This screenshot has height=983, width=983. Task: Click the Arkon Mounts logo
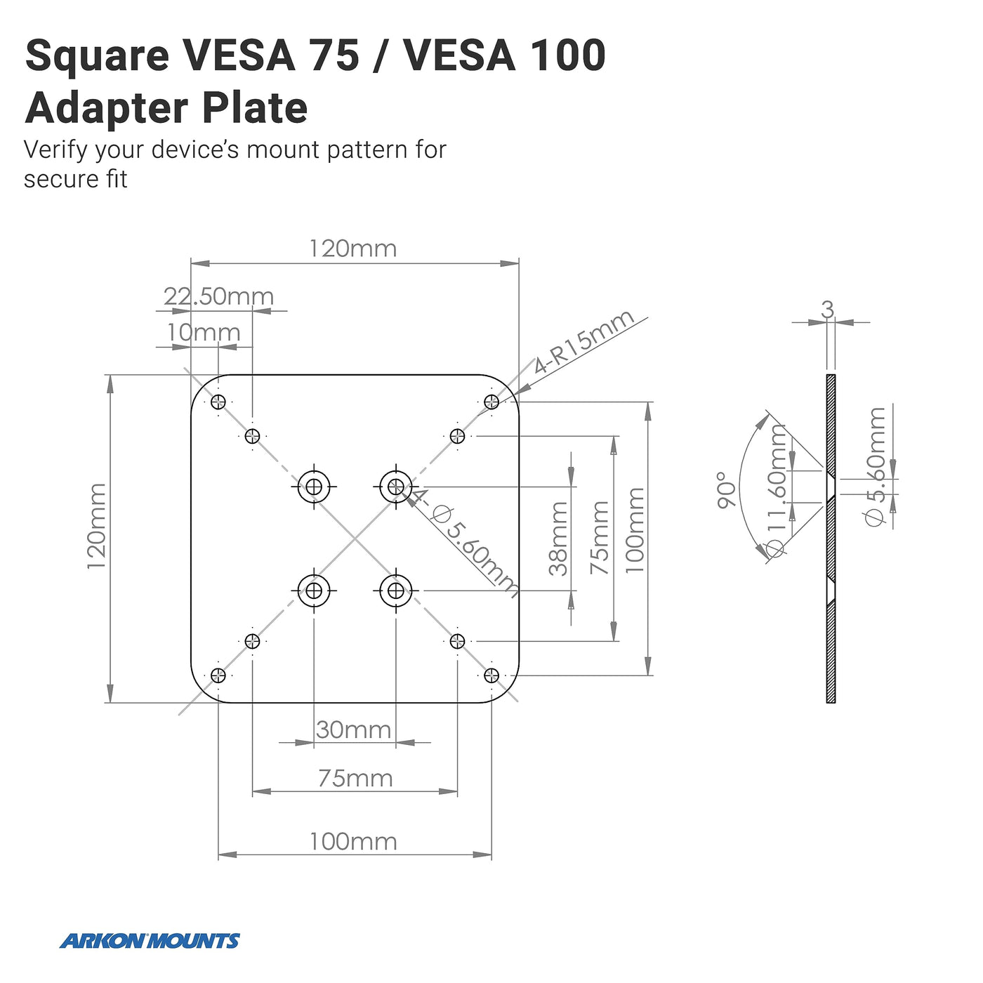[150, 941]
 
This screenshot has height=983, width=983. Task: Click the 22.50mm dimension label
[218, 296]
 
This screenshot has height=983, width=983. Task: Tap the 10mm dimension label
[204, 332]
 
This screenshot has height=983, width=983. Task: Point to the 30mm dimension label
[353, 730]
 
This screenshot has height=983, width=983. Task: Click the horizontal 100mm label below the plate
[353, 841]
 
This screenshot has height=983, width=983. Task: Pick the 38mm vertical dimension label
[558, 539]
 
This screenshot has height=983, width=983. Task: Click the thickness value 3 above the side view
[828, 309]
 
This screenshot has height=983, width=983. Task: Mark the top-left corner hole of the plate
[218, 402]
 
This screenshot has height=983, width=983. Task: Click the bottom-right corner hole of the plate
[491, 675]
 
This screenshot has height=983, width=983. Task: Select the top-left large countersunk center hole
[314, 486]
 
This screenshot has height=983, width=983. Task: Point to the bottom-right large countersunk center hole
[396, 591]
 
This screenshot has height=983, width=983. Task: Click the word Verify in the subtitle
[56, 150]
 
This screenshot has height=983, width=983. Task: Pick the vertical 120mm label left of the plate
[97, 526]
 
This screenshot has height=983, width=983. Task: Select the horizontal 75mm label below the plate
[355, 778]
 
